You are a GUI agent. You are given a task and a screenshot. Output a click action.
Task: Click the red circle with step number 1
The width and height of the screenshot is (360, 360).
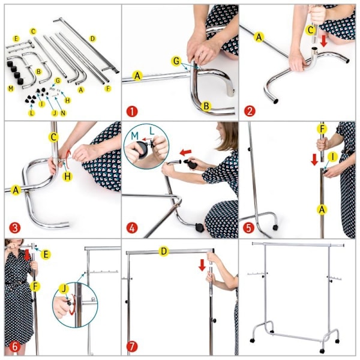pos(132,112)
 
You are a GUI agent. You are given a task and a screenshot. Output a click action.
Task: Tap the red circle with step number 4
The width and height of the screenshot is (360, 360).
pos(132,228)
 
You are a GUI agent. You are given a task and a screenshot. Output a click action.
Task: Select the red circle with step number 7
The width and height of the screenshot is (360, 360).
pos(132,346)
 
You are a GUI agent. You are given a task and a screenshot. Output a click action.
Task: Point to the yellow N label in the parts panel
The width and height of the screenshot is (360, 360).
pos(63,113)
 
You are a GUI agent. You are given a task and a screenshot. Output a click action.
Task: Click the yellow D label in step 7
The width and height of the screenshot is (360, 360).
pos(164,251)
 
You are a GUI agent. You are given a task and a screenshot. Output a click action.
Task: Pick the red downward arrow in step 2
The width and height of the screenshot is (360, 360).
pos(324,41)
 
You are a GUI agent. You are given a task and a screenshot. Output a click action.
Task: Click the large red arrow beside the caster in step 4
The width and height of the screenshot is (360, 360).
pos(185,152)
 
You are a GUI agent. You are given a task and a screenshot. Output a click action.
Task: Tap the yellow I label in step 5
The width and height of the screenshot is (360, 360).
pos(333,157)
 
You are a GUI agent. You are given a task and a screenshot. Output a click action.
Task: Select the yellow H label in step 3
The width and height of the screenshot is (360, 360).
pos(67,176)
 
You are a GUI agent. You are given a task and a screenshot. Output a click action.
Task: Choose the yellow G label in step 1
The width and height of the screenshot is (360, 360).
pos(176,61)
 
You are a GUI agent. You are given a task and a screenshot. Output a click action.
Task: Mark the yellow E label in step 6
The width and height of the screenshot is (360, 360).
pos(46,254)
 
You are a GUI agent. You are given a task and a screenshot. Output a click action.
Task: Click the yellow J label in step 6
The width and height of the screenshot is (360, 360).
pos(64,289)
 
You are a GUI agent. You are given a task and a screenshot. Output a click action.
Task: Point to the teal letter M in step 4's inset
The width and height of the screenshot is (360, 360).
pos(135,136)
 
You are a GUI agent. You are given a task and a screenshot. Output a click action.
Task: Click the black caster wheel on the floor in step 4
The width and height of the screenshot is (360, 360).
pos(199,227)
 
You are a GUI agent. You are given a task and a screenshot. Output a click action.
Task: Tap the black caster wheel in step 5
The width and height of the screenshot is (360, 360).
pos(275,227)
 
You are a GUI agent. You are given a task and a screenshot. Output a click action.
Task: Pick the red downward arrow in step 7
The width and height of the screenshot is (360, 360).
pos(202,265)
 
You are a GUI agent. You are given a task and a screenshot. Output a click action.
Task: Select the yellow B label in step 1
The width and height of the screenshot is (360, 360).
pos(206,106)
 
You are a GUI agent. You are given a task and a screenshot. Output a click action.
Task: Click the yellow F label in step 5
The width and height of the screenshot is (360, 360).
pos(322,129)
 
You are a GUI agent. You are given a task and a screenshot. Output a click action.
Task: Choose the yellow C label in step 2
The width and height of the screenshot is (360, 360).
pos(311,30)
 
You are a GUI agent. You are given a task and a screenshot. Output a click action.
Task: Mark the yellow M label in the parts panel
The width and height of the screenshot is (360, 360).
pos(11,88)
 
